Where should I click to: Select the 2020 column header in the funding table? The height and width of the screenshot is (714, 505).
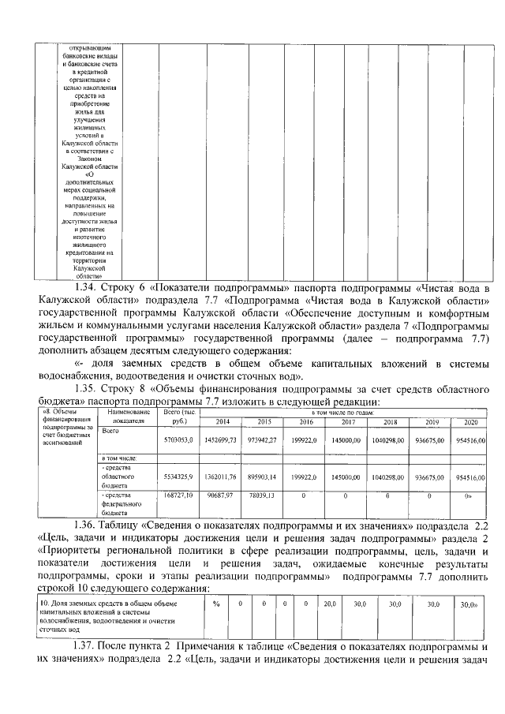click(471, 421)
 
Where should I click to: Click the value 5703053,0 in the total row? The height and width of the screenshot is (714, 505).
click(178, 439)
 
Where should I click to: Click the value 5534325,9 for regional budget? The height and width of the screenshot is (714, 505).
click(178, 477)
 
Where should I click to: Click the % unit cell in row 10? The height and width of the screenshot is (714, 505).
click(215, 604)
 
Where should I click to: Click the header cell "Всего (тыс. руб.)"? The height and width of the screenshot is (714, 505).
click(178, 417)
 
